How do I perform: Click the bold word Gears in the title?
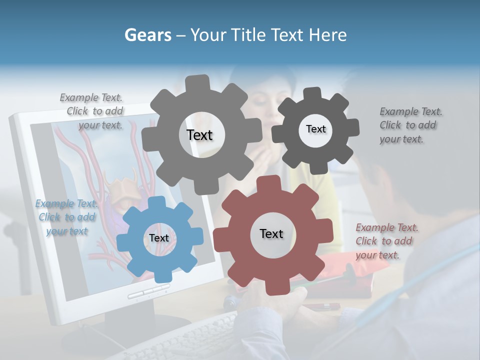(147, 35)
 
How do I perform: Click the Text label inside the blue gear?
(159, 238)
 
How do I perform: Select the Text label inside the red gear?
(271, 233)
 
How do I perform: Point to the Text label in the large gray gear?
(199, 135)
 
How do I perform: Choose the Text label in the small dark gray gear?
(315, 129)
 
